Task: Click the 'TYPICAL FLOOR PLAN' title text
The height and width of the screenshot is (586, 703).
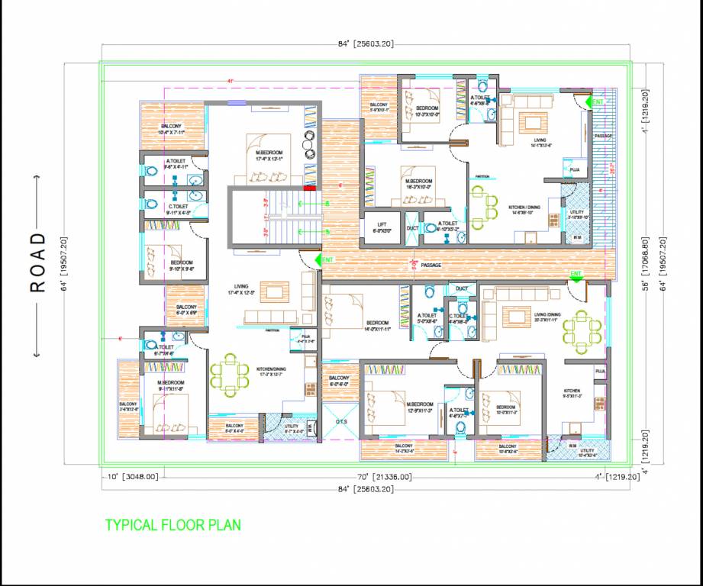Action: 173,525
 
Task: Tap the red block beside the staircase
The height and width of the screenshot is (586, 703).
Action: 309,187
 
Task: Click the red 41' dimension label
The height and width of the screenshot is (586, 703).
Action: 230,81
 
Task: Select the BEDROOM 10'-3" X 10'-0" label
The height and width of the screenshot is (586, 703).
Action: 427,111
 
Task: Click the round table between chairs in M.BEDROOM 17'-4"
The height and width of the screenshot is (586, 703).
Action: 309,143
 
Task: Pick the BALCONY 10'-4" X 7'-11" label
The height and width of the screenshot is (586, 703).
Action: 172,130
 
